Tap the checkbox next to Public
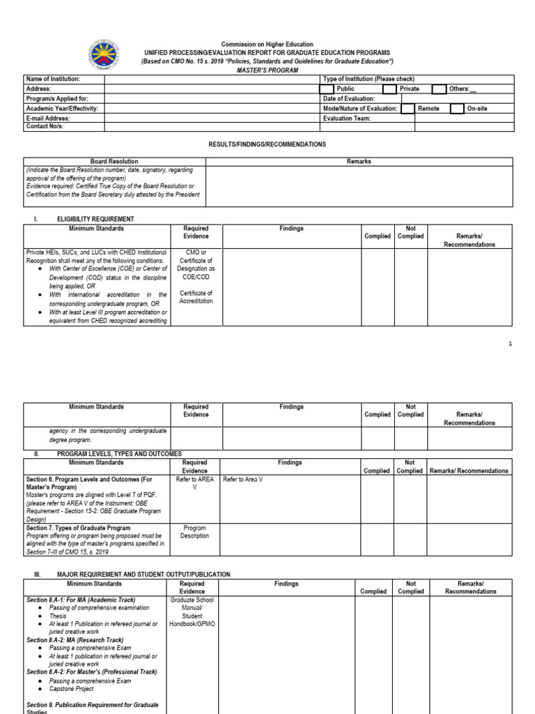tap(327, 89)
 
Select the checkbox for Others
tap(439, 89)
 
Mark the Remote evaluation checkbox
tap(408, 109)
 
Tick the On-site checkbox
tap(457, 109)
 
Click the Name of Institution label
tap(54, 79)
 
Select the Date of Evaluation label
tap(349, 99)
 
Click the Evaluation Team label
tap(347, 119)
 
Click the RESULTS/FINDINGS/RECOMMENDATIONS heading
tap(267, 144)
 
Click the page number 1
tap(510, 344)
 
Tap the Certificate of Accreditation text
tap(196, 297)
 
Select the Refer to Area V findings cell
tap(242, 479)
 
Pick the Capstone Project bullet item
tap(75, 689)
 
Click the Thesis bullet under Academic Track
tap(58, 616)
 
